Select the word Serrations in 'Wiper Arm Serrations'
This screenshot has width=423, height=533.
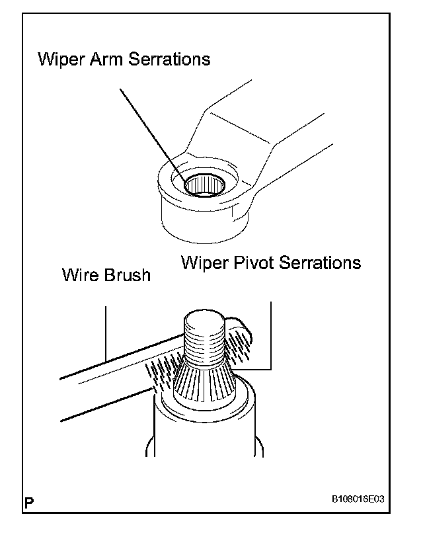(x=171, y=59)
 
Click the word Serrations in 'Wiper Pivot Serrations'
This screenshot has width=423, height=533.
(x=321, y=263)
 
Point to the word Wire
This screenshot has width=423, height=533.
(x=80, y=274)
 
